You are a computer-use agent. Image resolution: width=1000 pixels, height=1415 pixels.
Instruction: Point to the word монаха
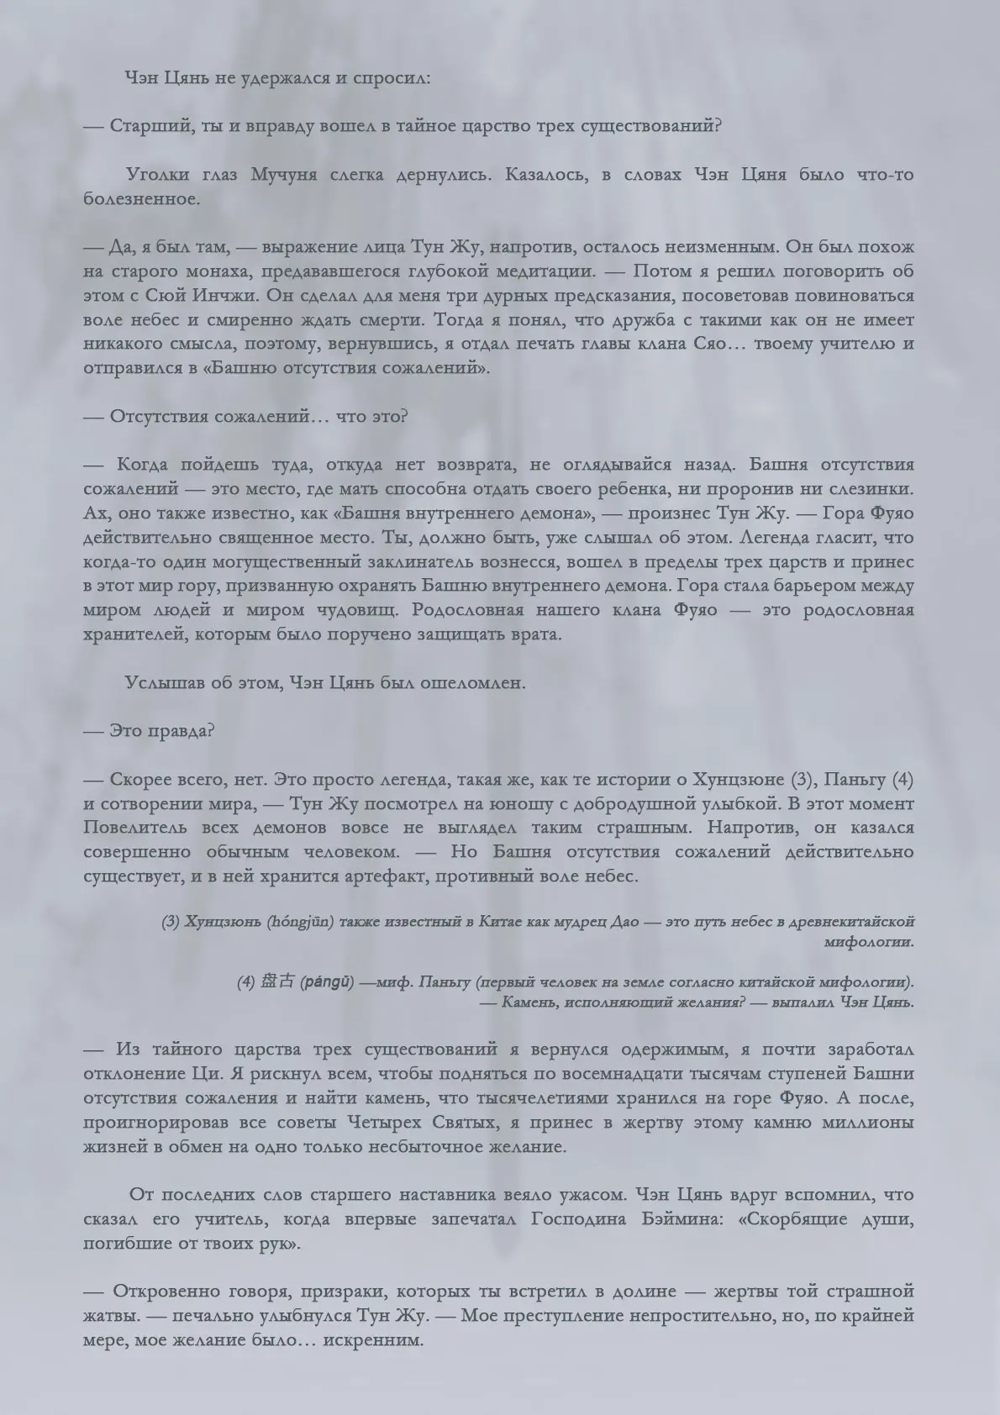(212, 271)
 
